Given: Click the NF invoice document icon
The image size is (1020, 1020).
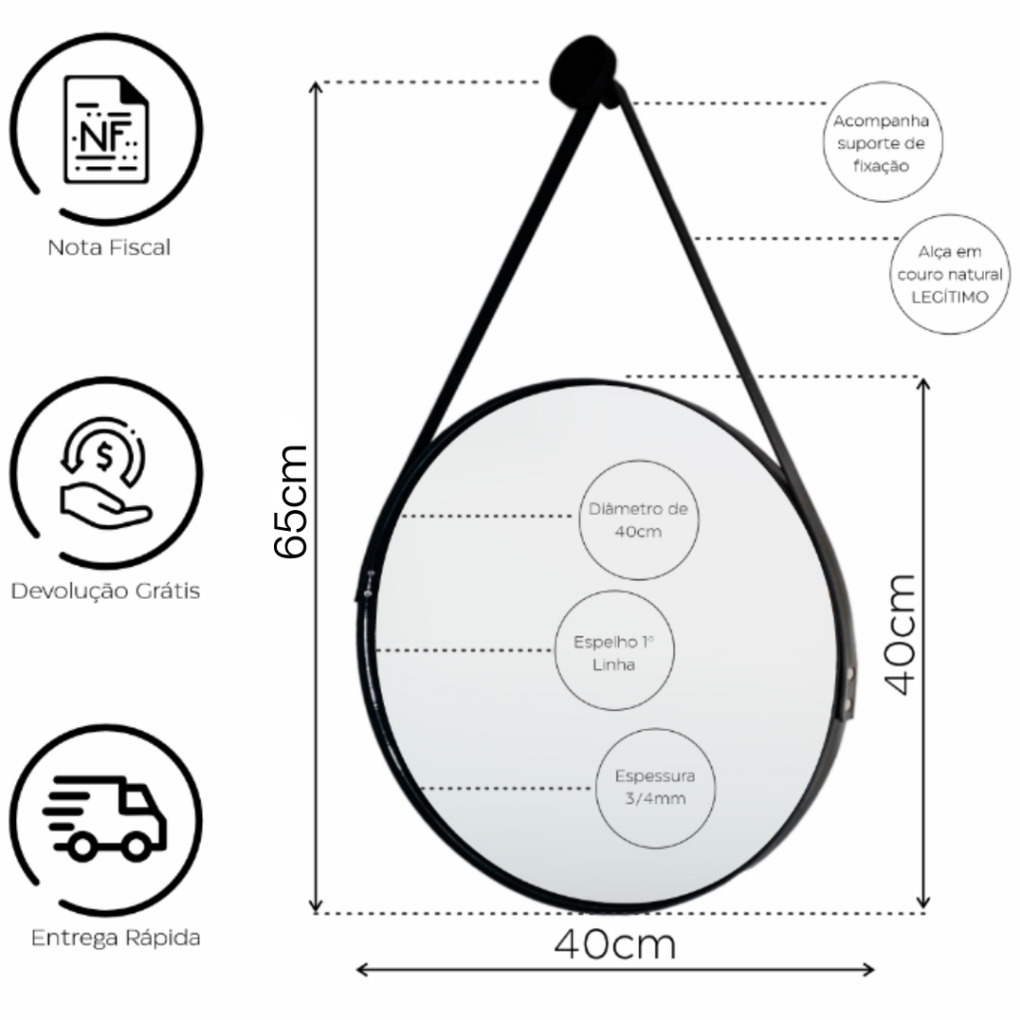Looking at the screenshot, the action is tap(106, 129).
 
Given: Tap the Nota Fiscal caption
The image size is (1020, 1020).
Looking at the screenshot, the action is tap(109, 248).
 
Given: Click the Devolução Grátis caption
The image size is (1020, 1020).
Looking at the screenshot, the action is tap(106, 591).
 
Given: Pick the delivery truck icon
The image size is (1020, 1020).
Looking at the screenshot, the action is tap(105, 819).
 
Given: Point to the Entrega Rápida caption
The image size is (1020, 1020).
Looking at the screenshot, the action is tap(116, 938).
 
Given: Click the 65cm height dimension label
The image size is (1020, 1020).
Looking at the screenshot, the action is tap(290, 501).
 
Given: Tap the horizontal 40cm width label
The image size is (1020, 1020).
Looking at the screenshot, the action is tap(616, 944).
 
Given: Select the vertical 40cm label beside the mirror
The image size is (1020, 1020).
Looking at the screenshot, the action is tap(899, 635).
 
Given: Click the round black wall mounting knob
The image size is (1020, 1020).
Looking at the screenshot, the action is tap(584, 71).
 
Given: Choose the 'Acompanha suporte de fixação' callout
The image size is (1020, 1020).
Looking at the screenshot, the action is tap(883, 141).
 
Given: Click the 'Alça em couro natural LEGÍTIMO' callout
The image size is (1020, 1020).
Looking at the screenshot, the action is tap(949, 275).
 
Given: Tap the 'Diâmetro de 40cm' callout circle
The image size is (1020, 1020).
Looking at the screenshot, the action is tap(638, 520).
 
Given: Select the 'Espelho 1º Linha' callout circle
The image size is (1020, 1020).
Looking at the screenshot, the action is tap(614, 650).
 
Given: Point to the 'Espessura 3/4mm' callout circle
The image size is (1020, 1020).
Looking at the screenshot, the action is tap(655, 788).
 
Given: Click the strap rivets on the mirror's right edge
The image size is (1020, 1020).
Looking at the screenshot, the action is tap(849, 688).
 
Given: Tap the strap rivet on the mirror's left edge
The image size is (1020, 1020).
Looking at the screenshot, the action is tap(371, 584).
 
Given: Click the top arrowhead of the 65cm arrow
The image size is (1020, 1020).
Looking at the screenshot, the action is tap(316, 88).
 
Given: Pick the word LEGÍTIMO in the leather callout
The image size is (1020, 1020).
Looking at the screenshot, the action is tap(949, 297).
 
